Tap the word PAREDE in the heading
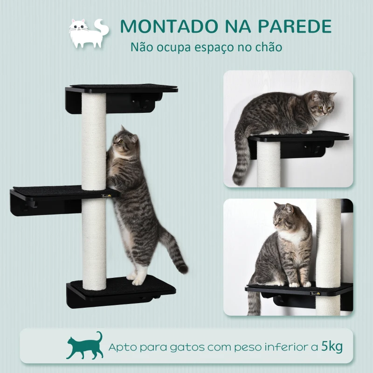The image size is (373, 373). pyautogui.click(x=295, y=26)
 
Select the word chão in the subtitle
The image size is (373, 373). pyautogui.click(x=269, y=47)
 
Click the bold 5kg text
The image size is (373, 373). pyautogui.click(x=332, y=346)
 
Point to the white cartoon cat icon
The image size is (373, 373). pyautogui.click(x=89, y=33)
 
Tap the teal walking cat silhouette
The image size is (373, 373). pyautogui.click(x=85, y=345)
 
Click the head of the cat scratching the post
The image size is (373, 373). pyautogui.click(x=125, y=139)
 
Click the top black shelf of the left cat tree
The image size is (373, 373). pyautogui.click(x=121, y=98)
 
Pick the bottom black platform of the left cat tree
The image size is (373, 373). pyautogui.click(x=121, y=291)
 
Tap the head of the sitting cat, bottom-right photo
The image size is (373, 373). pyautogui.click(x=285, y=216)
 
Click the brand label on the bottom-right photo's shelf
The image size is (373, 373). pyautogui.click(x=316, y=294)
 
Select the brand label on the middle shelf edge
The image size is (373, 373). pyautogui.click(x=106, y=196)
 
